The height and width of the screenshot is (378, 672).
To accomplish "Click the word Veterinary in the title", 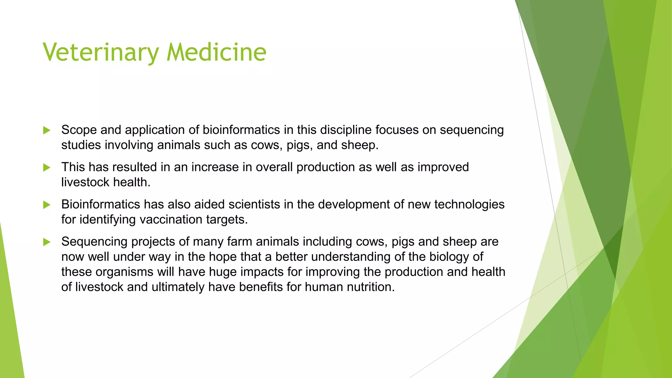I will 101,52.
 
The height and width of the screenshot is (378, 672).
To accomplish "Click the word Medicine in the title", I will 216,52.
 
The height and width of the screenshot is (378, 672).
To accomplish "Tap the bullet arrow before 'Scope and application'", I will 47,131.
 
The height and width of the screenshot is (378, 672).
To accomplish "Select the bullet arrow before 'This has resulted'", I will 47,168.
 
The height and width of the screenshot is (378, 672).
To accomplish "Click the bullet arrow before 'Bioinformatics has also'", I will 47,205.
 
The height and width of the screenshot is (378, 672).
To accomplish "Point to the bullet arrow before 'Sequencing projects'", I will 47,242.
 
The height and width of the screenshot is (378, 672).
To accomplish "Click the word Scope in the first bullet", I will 79,130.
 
